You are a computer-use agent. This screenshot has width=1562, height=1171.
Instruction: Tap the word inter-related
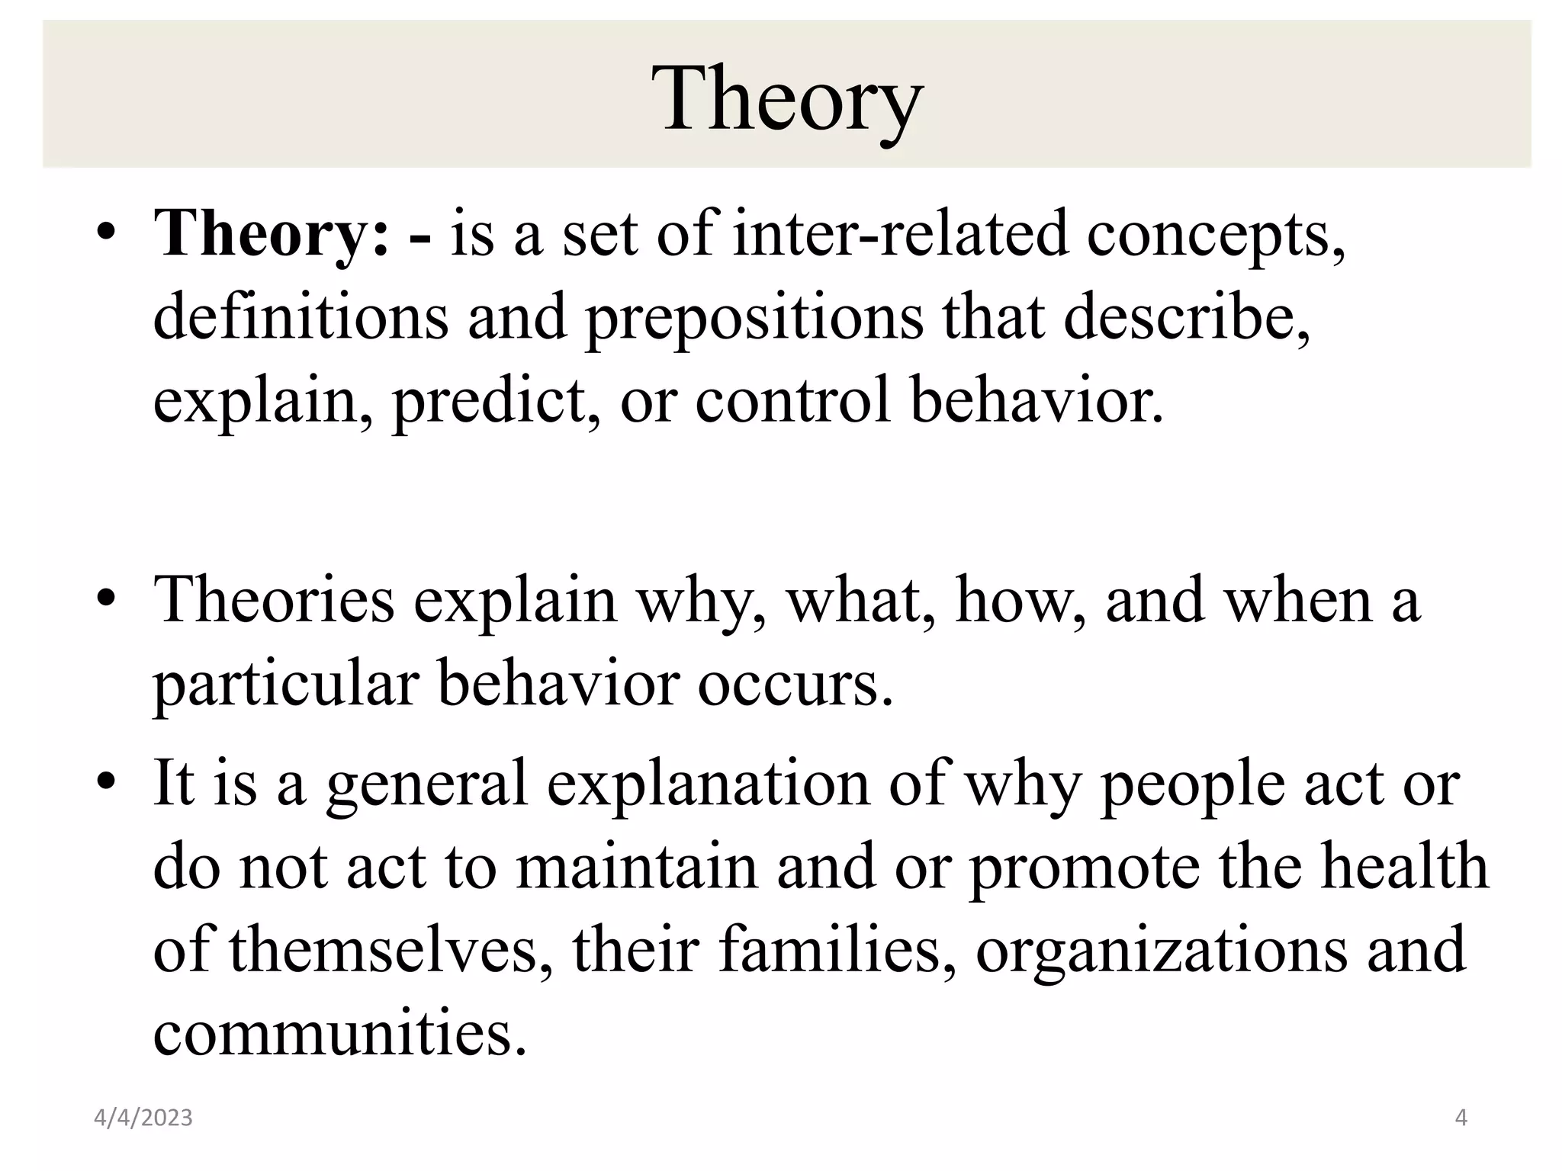click(900, 233)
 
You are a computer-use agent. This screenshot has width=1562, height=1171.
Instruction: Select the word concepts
click(1216, 233)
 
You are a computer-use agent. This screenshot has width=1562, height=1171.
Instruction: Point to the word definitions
click(301, 317)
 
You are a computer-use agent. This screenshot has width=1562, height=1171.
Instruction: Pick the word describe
click(1187, 317)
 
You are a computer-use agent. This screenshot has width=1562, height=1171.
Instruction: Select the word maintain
click(637, 867)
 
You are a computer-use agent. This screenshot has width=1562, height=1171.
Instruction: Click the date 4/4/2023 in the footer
click(143, 1118)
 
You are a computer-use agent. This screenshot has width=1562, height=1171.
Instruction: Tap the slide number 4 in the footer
click(1461, 1118)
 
